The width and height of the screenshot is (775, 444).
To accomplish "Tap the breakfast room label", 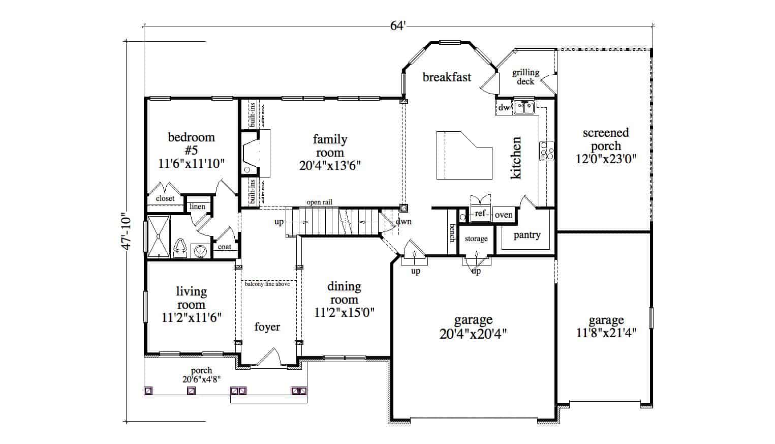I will [447, 77].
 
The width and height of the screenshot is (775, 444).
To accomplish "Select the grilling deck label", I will [525, 77].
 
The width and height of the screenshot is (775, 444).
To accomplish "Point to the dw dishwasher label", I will [504, 107].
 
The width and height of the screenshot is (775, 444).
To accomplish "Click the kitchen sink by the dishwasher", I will [523, 107].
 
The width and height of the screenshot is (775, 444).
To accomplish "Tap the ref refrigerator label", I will [480, 214].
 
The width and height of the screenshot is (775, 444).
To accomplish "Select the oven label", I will [504, 215].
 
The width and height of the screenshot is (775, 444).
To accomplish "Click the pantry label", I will [526, 235].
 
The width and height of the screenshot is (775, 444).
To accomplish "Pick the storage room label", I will [476, 239].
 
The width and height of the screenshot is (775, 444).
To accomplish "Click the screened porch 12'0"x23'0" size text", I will [605, 158].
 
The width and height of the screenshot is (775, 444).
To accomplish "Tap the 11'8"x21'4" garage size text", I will [606, 333].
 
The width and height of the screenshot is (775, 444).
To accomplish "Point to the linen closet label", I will [197, 206].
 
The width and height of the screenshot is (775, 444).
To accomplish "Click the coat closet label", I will [224, 247].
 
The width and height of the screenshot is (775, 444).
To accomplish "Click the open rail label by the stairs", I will [319, 202].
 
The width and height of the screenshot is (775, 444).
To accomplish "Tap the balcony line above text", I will [267, 284].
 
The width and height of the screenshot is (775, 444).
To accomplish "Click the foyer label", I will [267, 327].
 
